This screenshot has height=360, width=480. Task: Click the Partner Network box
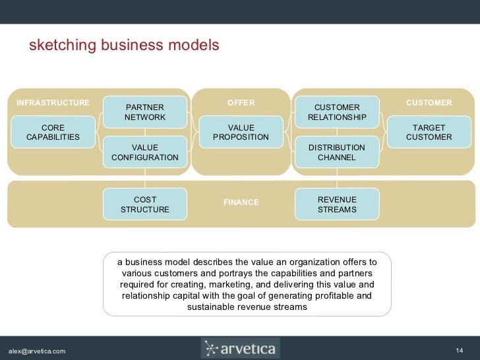coord(145,112)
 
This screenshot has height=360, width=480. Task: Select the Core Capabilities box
coord(53,132)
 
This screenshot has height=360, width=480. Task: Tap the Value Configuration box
coord(145,152)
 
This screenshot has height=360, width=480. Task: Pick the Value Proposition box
coord(241,132)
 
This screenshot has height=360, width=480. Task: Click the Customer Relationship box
coord(337,112)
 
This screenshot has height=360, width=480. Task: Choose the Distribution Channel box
coord(337,152)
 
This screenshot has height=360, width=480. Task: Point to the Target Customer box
coord(429,132)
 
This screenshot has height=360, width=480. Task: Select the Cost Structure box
coord(145,204)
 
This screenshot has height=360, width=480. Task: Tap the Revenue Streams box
coord(337,204)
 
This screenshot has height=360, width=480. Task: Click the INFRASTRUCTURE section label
coord(53,103)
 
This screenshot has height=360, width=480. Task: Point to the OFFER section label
coord(241,103)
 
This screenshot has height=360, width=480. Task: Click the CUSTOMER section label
coord(429,103)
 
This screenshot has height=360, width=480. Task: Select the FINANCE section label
coord(241,202)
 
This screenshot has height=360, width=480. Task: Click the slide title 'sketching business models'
coord(124,45)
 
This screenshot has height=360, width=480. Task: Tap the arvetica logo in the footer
coord(240,348)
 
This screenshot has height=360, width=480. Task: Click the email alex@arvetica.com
coord(36,350)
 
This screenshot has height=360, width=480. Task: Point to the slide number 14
coord(460,349)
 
